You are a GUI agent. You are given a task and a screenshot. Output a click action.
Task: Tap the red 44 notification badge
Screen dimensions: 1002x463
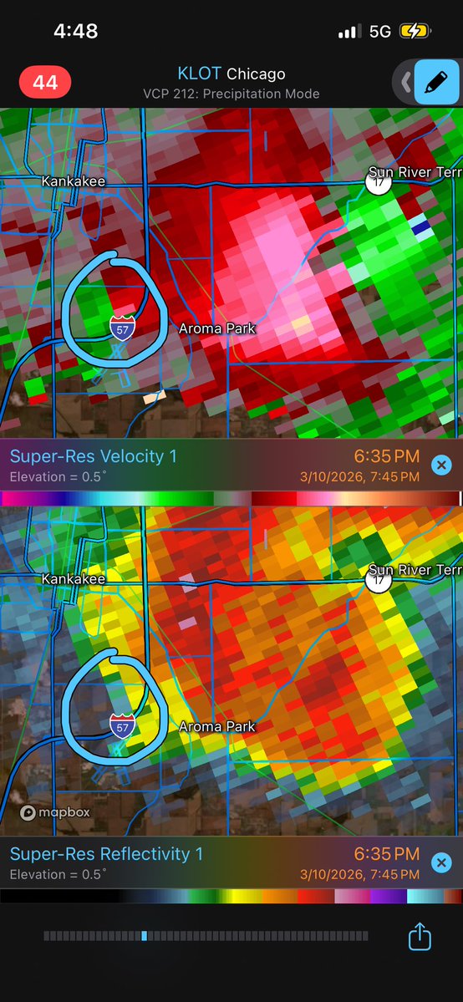coord(45,83)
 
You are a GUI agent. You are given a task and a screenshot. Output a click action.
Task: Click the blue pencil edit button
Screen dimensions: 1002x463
coord(435,82)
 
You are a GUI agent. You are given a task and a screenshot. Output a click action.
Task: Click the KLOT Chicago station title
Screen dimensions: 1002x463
coord(231,74)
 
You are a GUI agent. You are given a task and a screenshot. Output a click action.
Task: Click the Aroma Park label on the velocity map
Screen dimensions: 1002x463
coord(217,329)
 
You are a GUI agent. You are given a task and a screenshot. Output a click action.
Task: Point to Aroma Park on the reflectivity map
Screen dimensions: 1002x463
coord(217,727)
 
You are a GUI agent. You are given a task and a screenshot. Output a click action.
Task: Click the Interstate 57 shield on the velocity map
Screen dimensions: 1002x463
coord(122,328)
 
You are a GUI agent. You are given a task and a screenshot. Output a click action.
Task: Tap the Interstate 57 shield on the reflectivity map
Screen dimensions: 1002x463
coord(122,725)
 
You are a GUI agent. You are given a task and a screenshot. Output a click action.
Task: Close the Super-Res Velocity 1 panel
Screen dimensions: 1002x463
coord(442,465)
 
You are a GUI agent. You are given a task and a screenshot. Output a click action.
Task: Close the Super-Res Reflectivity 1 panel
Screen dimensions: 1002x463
coord(442,862)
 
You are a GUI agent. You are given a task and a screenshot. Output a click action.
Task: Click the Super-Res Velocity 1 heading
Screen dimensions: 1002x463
coord(93,457)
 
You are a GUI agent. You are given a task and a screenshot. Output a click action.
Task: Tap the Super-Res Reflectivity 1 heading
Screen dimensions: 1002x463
coord(106,854)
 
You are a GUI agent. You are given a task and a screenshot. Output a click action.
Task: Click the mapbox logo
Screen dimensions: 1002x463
coord(55,812)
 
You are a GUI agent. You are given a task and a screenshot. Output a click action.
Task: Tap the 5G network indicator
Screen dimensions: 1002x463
coord(379,32)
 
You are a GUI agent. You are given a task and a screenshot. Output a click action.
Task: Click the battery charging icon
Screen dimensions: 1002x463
coord(415,32)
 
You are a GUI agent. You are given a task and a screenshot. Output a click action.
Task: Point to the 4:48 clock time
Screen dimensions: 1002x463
coord(75,32)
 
